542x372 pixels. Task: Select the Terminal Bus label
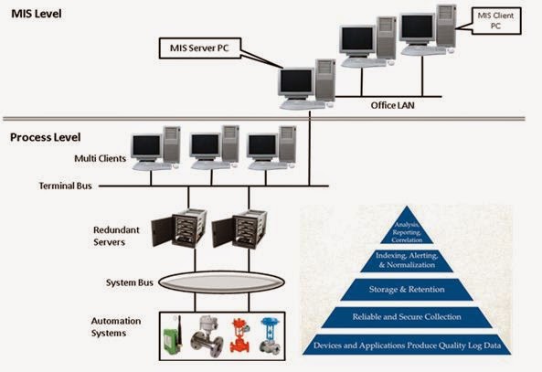(x=65, y=185)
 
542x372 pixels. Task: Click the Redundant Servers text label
(x=116, y=235)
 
